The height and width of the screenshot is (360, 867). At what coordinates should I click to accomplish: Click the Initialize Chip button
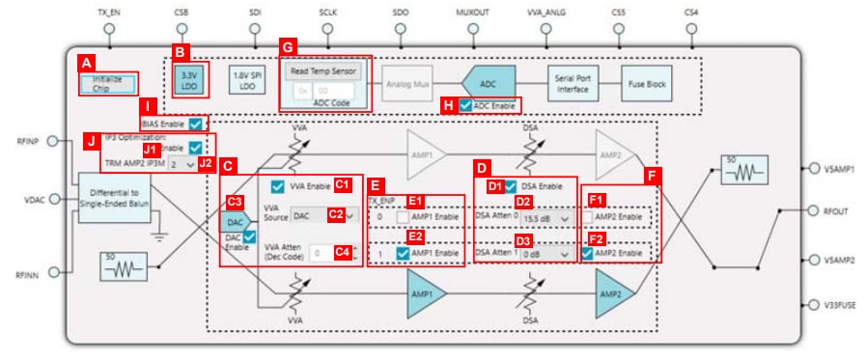[107, 83]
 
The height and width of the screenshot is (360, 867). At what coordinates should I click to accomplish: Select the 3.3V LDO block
[188, 79]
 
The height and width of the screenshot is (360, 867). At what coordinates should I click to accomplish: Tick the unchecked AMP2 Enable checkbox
[588, 219]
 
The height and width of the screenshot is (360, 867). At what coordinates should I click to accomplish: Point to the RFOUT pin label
[837, 210]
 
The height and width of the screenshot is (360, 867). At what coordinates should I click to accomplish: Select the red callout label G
[287, 46]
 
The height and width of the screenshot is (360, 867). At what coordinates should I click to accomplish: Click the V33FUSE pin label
[841, 305]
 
